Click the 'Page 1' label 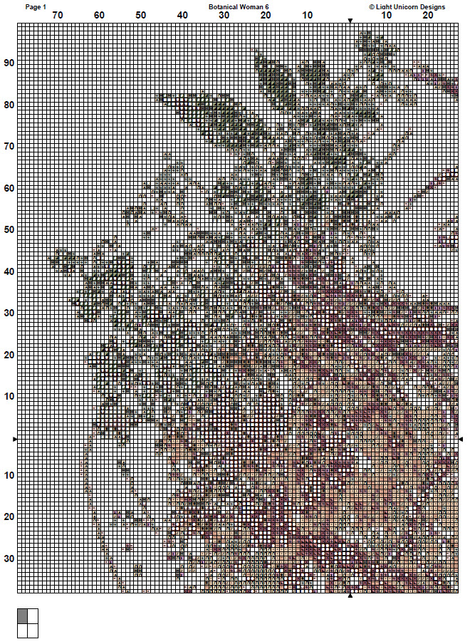coord(36,6)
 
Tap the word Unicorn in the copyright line coord(409,6)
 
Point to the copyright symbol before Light coord(371,6)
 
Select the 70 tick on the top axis coord(57,15)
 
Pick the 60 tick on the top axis coord(99,15)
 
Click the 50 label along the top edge coord(141,15)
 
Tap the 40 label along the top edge coord(183,15)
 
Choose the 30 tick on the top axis coord(224,15)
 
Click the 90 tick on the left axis coord(9,63)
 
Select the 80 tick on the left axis coord(9,105)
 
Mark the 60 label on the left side coord(9,188)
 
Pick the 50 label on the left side coord(9,230)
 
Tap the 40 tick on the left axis coord(9,272)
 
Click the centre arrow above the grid coord(350,20)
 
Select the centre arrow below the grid coord(350,596)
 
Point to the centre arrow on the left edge coord(15,439)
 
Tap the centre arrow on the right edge coord(461,439)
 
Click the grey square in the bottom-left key coord(23,616)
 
